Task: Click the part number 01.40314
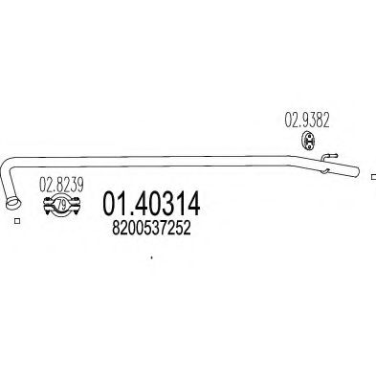[x=151, y=203]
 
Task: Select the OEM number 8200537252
[x=151, y=228]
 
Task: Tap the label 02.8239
[x=61, y=185]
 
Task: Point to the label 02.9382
[x=307, y=121]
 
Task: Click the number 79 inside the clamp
[x=61, y=205]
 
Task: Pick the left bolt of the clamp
[x=48, y=206]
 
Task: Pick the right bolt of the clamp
[x=76, y=206]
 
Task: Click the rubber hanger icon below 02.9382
[x=308, y=141]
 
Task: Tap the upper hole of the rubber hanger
[x=308, y=137]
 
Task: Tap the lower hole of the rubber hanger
[x=308, y=144]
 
